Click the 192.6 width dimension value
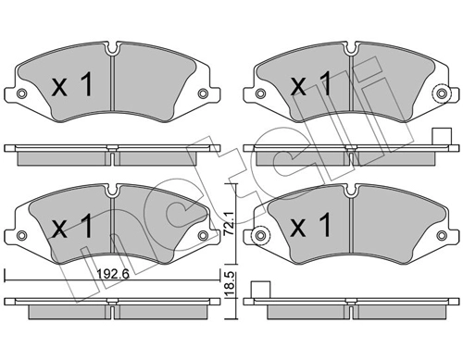(x=113, y=274)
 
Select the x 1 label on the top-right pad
(x=311, y=83)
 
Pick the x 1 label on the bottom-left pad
(x=72, y=227)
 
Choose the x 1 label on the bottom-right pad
(x=311, y=225)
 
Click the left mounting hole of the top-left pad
(x=21, y=93)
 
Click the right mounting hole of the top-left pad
(x=203, y=93)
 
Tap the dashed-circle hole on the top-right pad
(x=442, y=93)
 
